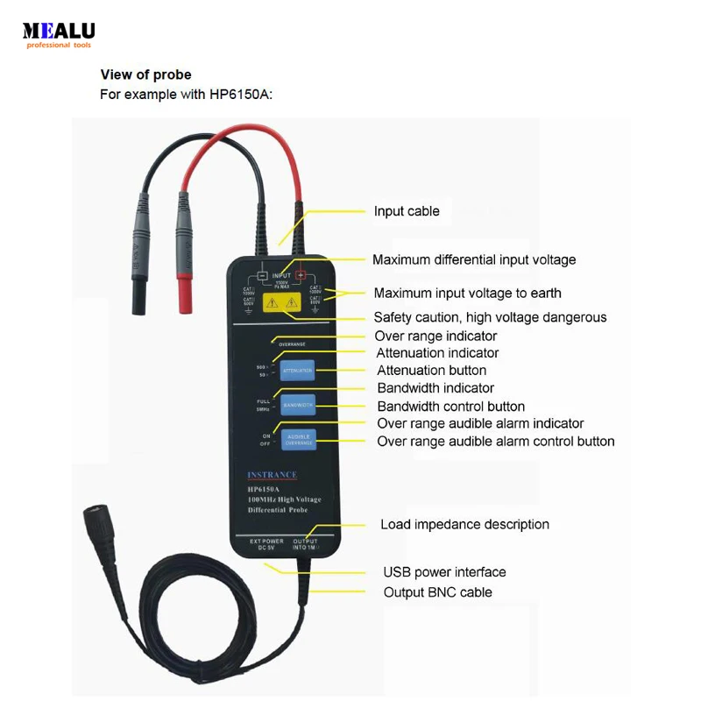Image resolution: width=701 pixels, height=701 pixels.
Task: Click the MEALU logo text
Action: tap(59, 31)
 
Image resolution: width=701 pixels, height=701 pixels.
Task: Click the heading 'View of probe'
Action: tap(145, 74)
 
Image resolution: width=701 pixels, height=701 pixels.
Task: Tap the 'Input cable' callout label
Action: tap(407, 211)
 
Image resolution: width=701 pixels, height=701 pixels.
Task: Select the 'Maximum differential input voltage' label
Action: tap(474, 259)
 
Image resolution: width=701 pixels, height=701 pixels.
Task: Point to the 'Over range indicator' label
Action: tap(435, 336)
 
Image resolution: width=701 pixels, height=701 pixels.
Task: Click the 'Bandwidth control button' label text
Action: tap(450, 407)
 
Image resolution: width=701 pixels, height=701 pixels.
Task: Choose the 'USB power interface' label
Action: tap(444, 572)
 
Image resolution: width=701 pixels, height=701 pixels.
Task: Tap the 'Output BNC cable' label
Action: tap(437, 592)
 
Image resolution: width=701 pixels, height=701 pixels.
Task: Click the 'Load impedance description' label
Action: tap(464, 525)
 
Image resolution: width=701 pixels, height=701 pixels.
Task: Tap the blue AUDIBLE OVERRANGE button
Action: tap(298, 438)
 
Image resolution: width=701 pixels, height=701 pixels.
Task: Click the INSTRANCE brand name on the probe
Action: tap(272, 476)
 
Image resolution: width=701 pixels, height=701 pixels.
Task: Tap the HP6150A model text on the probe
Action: tap(266, 488)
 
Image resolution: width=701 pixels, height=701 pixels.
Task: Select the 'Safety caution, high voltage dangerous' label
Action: tap(490, 317)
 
